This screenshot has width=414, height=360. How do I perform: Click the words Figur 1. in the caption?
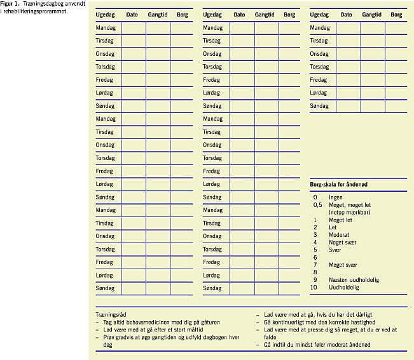point(10,4)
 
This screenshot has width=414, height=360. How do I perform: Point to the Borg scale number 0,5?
point(317,204)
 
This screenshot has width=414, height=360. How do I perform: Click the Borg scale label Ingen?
point(335,197)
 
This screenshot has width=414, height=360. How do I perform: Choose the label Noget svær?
point(343,242)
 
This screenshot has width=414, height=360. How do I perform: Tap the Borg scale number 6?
point(315,257)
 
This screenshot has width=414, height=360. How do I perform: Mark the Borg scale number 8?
point(315,272)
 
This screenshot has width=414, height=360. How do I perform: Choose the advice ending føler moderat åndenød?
point(317,345)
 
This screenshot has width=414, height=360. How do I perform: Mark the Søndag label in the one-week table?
point(319,106)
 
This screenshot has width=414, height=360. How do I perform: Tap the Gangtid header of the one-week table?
point(373,15)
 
